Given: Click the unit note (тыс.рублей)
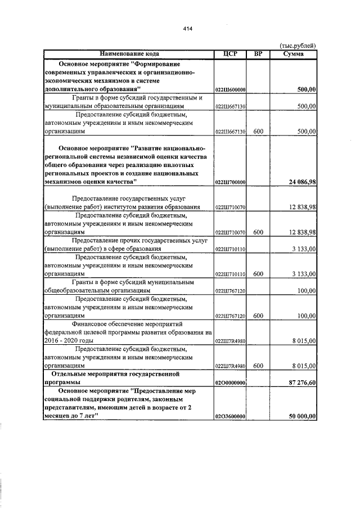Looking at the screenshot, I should [x=298, y=46].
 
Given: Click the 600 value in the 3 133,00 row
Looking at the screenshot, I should [x=258, y=274].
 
